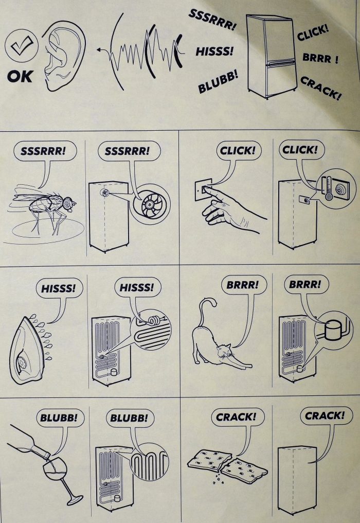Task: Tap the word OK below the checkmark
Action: [x=20, y=76]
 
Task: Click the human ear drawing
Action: [x=63, y=55]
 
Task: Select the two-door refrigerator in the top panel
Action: [x=271, y=56]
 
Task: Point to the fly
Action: [x=47, y=207]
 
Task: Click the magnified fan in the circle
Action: [x=152, y=203]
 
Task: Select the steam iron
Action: [x=28, y=350]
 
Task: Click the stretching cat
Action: [x=217, y=337]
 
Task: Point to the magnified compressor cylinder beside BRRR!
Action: [x=333, y=330]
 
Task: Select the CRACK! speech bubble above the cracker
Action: [x=237, y=416]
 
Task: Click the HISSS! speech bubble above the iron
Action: [x=59, y=288]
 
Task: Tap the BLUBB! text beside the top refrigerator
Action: [x=218, y=81]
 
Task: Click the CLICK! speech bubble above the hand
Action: [x=238, y=151]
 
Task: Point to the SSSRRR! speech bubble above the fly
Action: [x=45, y=151]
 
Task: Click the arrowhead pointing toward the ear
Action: [x=99, y=50]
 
